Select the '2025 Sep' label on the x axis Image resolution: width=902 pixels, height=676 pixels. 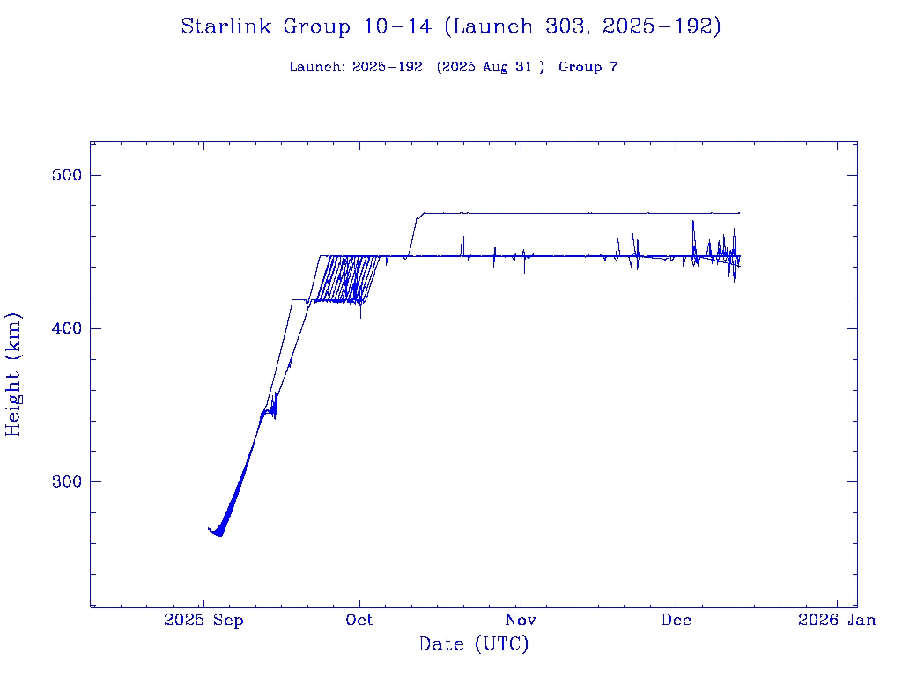tap(203, 621)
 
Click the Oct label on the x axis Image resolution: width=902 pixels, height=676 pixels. tap(359, 621)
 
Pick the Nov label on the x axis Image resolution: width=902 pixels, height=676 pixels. tap(521, 621)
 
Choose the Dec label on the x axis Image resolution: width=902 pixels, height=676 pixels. tap(676, 621)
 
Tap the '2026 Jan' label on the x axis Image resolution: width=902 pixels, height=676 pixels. tap(837, 621)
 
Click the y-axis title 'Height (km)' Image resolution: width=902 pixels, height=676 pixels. tap(14, 374)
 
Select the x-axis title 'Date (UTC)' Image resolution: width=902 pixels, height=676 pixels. tap(473, 645)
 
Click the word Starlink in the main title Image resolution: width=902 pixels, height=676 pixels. tap(227, 27)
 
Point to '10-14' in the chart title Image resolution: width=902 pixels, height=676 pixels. tap(397, 27)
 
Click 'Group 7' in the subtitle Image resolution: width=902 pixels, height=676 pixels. tap(588, 68)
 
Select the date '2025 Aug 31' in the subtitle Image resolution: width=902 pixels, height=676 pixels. tap(491, 68)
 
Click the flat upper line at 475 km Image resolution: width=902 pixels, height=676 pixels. tap(573, 213)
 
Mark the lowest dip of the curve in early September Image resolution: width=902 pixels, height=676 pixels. tap(219, 535)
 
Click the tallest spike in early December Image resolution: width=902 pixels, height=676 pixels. tap(693, 221)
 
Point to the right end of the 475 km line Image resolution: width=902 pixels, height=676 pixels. tap(739, 213)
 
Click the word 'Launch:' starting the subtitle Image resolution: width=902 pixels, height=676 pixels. tap(316, 68)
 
